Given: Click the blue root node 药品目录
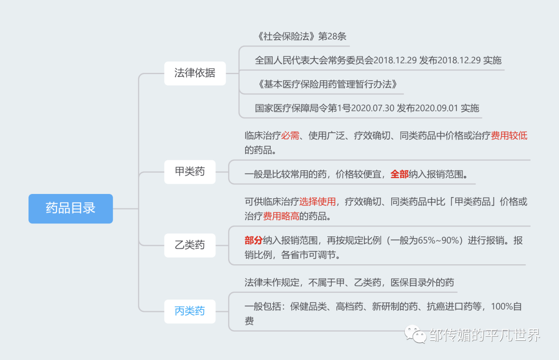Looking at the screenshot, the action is tap(70, 208).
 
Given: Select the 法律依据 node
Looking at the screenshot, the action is tap(195, 73).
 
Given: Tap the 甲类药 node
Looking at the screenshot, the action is tap(189, 171).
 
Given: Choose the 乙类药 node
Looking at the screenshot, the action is tap(189, 245).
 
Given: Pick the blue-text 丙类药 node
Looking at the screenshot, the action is tap(189, 311).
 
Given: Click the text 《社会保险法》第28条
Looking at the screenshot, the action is tap(301, 37).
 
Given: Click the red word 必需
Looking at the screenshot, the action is tap(290, 136).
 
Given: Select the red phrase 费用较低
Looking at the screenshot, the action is tap(509, 136).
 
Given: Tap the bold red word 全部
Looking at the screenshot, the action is tap(399, 174).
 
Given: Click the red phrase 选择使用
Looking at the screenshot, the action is tap(317, 202).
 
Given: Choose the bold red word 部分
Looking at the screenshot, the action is tap(254, 241).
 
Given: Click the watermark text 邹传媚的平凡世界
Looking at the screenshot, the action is tap(484, 335).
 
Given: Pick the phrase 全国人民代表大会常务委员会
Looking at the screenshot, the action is tap(314, 60).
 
